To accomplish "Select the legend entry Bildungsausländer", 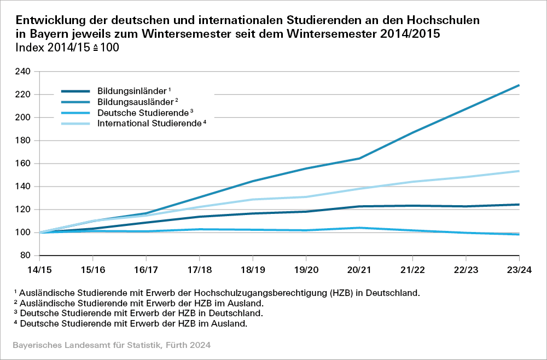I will point(135,102).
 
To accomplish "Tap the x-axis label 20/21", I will point(359,269).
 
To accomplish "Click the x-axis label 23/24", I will point(519,269).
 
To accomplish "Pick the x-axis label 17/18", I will point(199,269).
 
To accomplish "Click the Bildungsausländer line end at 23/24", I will point(519,85).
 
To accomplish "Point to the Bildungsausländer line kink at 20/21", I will point(359,159).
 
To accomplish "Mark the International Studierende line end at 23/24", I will point(519,171).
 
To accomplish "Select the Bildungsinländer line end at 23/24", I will point(519,205).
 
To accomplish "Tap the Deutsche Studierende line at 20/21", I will point(359,228).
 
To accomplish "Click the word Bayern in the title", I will point(45,34).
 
